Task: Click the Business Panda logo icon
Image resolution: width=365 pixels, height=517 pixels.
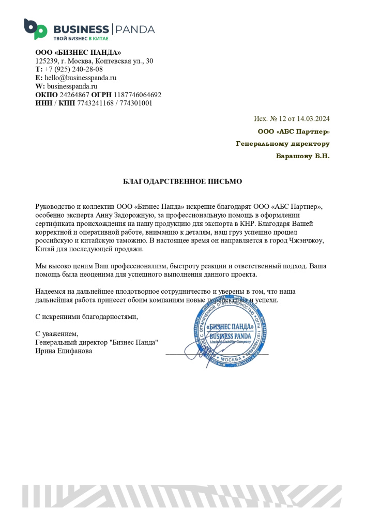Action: (x=35, y=29)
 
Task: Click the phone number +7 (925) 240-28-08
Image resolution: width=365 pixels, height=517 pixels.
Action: (x=73, y=69)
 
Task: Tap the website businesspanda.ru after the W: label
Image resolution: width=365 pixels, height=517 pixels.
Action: (x=72, y=86)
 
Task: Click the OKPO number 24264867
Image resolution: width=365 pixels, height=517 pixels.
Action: (x=74, y=95)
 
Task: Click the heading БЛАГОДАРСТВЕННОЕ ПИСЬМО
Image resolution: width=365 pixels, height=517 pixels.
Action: (x=182, y=181)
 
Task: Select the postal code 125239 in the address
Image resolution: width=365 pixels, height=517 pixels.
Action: (x=46, y=61)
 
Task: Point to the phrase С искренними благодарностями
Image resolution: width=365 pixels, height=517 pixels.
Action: (x=86, y=317)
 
